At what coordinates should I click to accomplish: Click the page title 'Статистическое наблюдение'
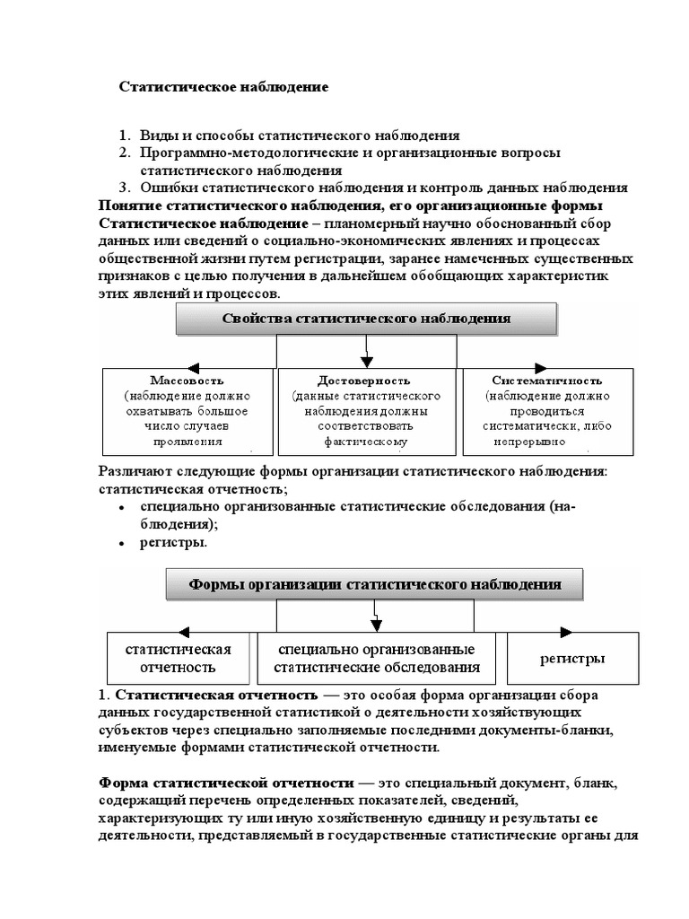(224, 87)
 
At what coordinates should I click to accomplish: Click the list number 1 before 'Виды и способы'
(125, 136)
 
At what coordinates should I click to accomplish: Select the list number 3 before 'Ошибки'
(125, 188)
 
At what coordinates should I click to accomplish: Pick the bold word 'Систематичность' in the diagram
(547, 380)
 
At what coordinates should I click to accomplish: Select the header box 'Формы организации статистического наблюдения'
(374, 585)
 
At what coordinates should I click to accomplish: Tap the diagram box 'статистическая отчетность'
(178, 658)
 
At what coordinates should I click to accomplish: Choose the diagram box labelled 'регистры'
(571, 658)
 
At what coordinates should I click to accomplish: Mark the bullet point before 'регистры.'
(121, 543)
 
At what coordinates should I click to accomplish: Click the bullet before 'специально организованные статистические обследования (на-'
(121, 508)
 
